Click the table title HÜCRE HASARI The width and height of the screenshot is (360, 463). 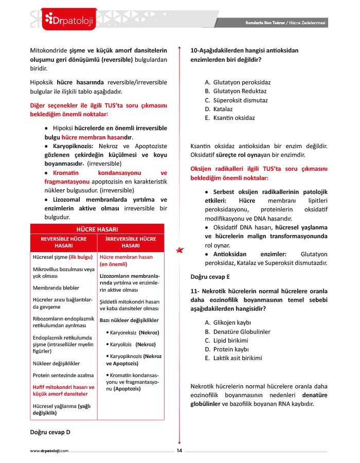pos(97,228)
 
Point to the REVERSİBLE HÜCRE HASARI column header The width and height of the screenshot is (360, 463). pos(64,242)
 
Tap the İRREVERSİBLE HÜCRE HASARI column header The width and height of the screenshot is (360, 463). pos(131,242)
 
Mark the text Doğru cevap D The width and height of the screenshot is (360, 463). pos(50,432)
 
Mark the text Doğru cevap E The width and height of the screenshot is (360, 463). pos(210,276)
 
